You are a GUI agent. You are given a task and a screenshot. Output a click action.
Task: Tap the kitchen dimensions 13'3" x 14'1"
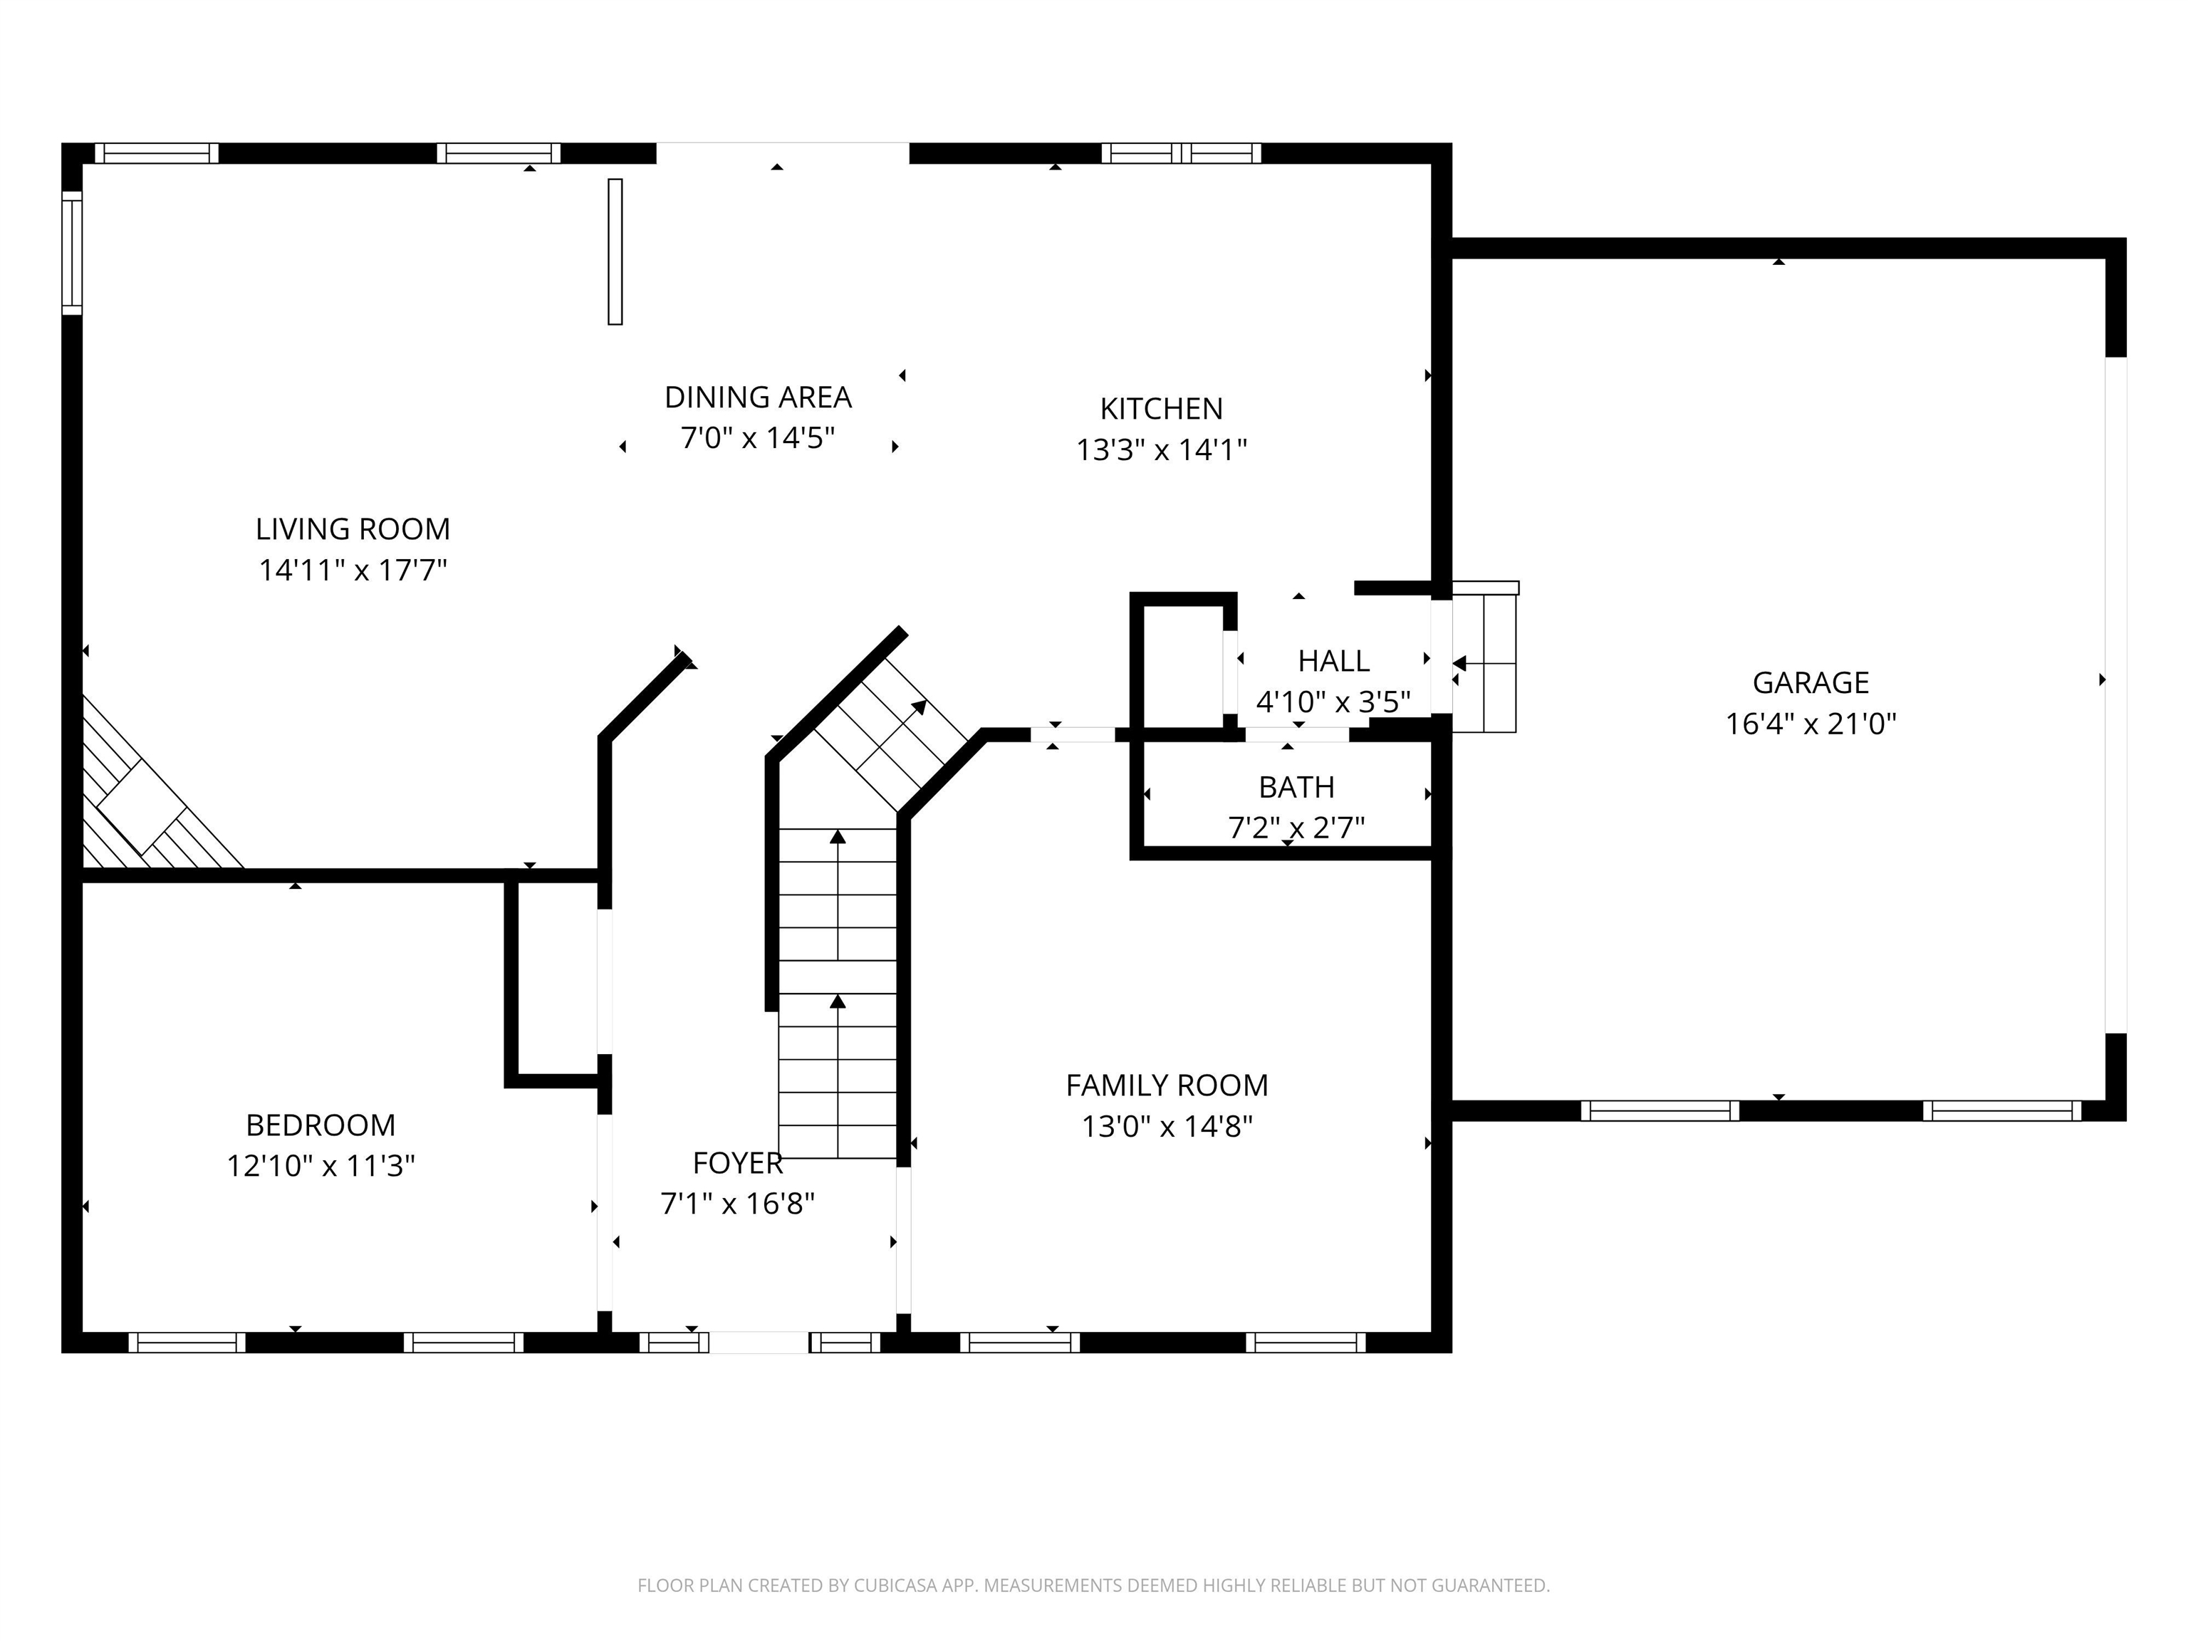(1160, 450)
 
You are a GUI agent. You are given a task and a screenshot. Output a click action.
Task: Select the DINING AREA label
(758, 397)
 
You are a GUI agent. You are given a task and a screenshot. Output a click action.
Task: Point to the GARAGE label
(1810, 682)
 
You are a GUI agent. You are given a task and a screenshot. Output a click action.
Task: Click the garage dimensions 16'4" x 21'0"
(1810, 724)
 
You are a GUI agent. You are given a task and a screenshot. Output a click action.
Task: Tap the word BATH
(1296, 787)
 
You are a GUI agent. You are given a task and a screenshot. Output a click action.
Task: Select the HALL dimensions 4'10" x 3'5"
(1333, 702)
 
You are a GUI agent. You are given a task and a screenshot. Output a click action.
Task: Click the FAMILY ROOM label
(1166, 1085)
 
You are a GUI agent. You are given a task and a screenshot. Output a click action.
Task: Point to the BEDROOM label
(321, 1125)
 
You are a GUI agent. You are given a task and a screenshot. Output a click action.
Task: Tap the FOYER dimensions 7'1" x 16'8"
(737, 1204)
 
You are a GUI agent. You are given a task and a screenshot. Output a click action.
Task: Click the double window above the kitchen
(1181, 153)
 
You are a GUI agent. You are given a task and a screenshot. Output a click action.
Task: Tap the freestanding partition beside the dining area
(614, 251)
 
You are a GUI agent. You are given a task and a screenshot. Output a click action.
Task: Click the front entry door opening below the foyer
(759, 1343)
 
